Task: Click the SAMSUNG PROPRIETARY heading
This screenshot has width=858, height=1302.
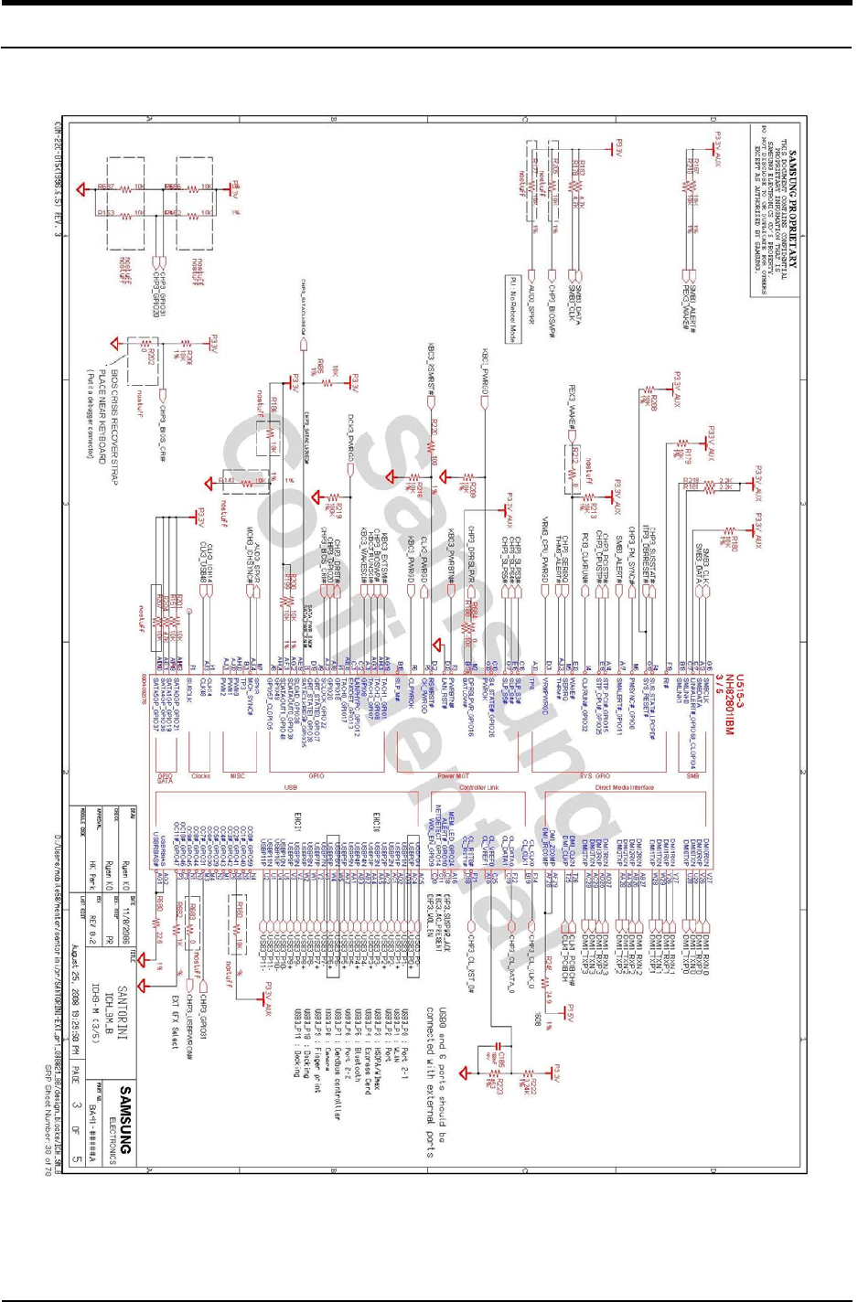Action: pos(792,210)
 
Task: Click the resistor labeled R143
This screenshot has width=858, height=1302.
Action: pos(228,479)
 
